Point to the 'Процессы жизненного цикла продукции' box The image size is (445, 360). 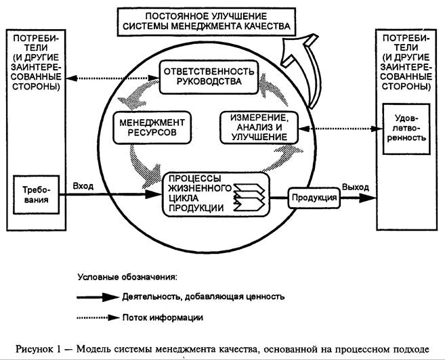point(215,194)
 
